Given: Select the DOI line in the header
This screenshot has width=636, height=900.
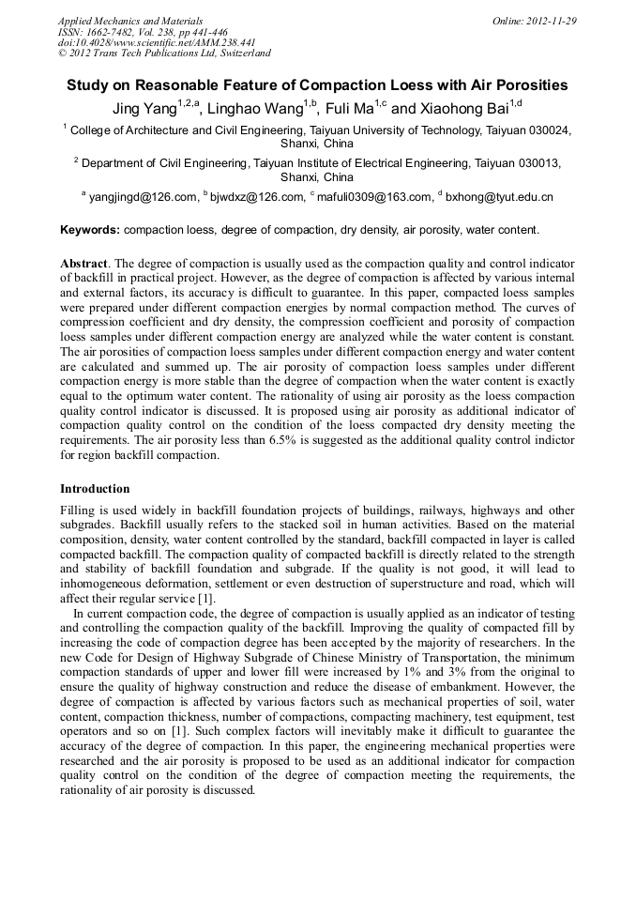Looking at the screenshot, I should pos(157,42).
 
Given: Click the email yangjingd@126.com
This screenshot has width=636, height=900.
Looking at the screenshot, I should pos(143,197).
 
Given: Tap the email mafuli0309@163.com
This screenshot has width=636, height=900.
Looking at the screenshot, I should pos(375,197).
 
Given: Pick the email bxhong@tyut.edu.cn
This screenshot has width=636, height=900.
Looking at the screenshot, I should pos(499,197).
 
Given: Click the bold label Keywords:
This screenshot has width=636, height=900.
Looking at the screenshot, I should pos(90,230).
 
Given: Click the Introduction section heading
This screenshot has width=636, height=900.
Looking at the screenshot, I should pos(95,489).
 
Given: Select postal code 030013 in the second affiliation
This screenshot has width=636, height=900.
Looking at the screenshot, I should pos(538,162).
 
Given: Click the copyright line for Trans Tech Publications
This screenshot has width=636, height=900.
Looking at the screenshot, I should pos(164,53).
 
